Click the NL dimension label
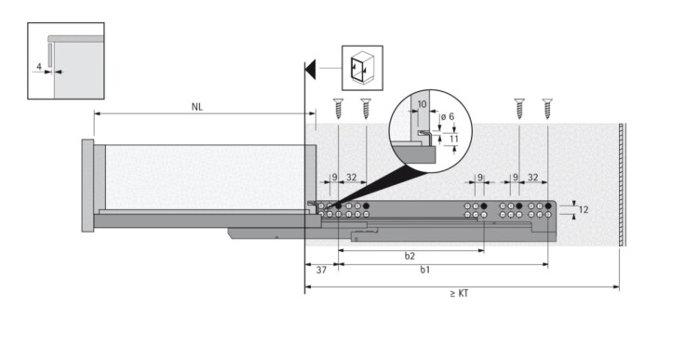[197, 107]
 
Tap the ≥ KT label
[459, 294]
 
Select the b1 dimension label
[425, 270]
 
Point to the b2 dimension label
[410, 256]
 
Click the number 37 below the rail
[321, 270]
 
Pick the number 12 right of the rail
[584, 209]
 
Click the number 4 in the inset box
[39, 67]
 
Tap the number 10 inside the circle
[422, 104]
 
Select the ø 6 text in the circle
[448, 116]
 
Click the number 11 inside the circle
[453, 139]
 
